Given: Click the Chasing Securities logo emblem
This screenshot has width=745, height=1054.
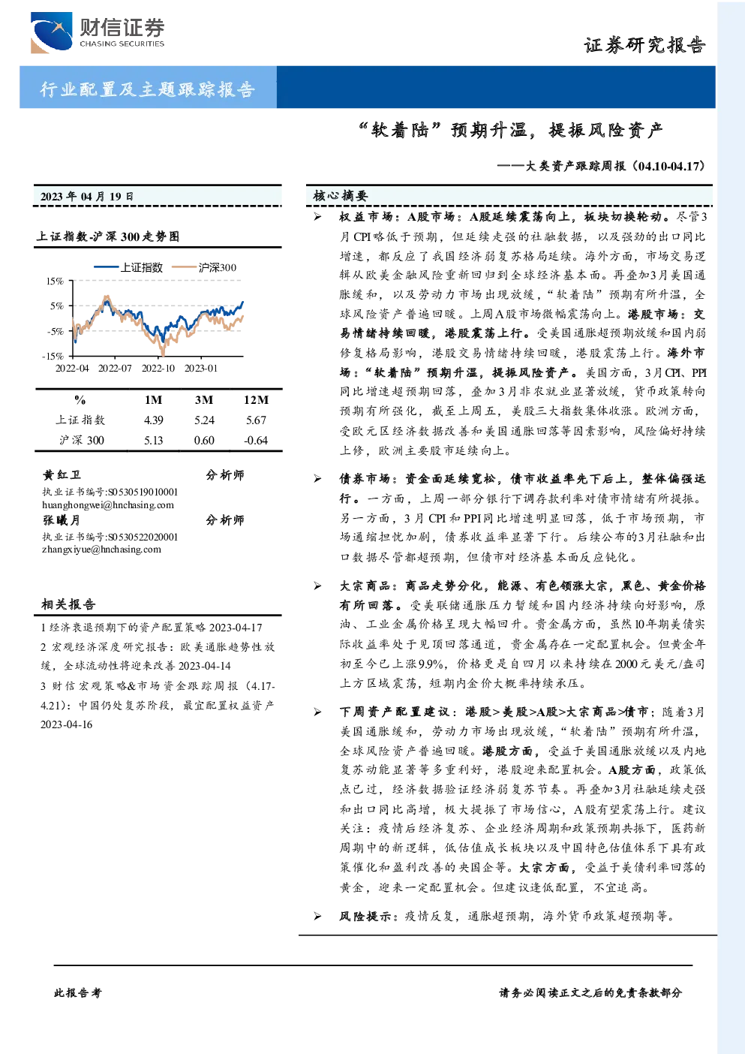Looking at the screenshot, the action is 51,32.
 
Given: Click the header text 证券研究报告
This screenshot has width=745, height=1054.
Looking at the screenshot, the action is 644,45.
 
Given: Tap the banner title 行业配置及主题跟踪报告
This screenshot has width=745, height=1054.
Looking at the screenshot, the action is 147,89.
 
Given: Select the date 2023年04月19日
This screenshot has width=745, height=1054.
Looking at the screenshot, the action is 86,196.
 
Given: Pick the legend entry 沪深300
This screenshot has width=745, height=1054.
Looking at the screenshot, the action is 204,267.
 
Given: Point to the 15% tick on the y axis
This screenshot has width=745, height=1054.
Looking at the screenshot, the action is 55,281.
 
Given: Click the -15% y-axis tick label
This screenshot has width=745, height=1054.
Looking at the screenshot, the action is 53,356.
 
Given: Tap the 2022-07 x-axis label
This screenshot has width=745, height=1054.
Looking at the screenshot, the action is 115,368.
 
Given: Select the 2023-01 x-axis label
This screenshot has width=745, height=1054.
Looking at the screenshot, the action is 201,368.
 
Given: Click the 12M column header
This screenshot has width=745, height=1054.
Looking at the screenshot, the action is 256,400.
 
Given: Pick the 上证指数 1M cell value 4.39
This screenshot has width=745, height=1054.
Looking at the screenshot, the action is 153,420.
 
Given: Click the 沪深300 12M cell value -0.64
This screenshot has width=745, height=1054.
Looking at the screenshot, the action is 256,441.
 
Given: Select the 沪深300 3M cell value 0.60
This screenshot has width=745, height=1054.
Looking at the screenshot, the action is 204,441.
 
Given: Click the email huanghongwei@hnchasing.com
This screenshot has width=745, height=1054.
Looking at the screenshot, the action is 108,505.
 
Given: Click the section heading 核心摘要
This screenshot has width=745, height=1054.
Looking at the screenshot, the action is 341,196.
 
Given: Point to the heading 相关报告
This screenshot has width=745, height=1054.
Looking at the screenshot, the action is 69,604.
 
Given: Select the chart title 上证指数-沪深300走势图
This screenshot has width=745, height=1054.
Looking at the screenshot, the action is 108,236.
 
